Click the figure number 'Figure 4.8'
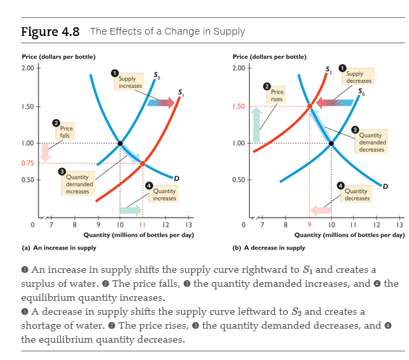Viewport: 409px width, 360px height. point(51,31)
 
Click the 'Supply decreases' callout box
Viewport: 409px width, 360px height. point(359,77)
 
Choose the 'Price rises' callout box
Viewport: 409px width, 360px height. point(277,95)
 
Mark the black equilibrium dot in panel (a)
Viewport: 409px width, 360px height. point(120,143)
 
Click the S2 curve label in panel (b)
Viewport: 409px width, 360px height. point(328,70)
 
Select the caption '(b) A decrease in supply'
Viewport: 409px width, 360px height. point(268,248)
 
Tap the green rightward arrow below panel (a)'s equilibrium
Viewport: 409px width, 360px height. point(131,210)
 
